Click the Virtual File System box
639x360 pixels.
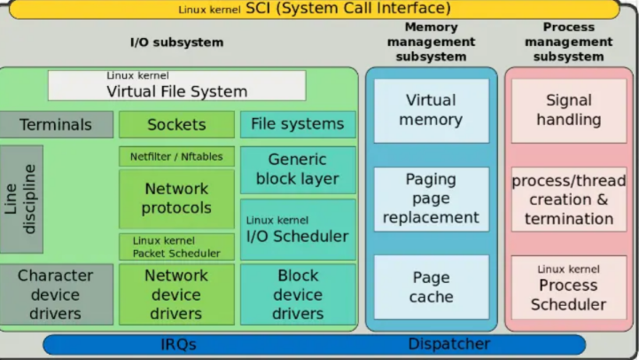click(176, 85)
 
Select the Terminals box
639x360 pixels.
click(57, 124)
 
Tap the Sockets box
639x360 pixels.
click(176, 124)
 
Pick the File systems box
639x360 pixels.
click(298, 124)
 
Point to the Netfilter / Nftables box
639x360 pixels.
click(176, 156)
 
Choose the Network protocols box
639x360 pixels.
click(176, 199)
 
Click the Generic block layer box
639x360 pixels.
click(298, 169)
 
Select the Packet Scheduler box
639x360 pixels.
click(176, 247)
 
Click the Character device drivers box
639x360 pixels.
click(57, 294)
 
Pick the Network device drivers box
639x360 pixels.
click(176, 294)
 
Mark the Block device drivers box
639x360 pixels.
click(298, 294)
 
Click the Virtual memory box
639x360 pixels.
click(431, 110)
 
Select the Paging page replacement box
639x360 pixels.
click(431, 198)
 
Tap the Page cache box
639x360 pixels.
click(431, 287)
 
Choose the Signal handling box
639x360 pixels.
click(568, 110)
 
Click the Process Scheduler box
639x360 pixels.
click(568, 287)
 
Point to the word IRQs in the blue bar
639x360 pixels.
click(178, 344)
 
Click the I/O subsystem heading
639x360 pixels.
click(176, 42)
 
